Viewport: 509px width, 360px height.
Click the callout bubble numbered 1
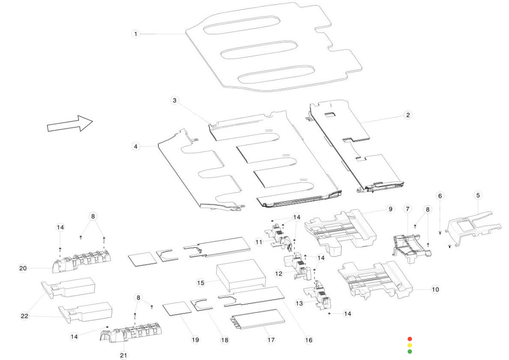(136, 34)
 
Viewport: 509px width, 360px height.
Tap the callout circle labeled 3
(174, 100)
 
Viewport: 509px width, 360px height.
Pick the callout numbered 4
(136, 147)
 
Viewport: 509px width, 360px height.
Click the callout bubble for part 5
(478, 195)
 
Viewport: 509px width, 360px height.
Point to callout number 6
(440, 196)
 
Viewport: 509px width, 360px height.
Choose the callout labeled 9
(390, 209)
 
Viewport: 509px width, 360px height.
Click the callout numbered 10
(435, 289)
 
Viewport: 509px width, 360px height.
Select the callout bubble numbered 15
(200, 283)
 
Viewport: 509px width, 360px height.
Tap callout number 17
(271, 339)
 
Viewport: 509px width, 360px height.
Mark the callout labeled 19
(195, 340)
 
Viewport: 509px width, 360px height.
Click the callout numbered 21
(123, 355)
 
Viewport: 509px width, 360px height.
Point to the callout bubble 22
(25, 316)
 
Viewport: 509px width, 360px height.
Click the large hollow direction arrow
(70, 124)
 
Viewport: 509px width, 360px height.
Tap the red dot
(410, 339)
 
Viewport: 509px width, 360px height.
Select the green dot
(410, 351)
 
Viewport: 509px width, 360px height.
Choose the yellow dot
(410, 345)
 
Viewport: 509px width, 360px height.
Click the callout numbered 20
(23, 268)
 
